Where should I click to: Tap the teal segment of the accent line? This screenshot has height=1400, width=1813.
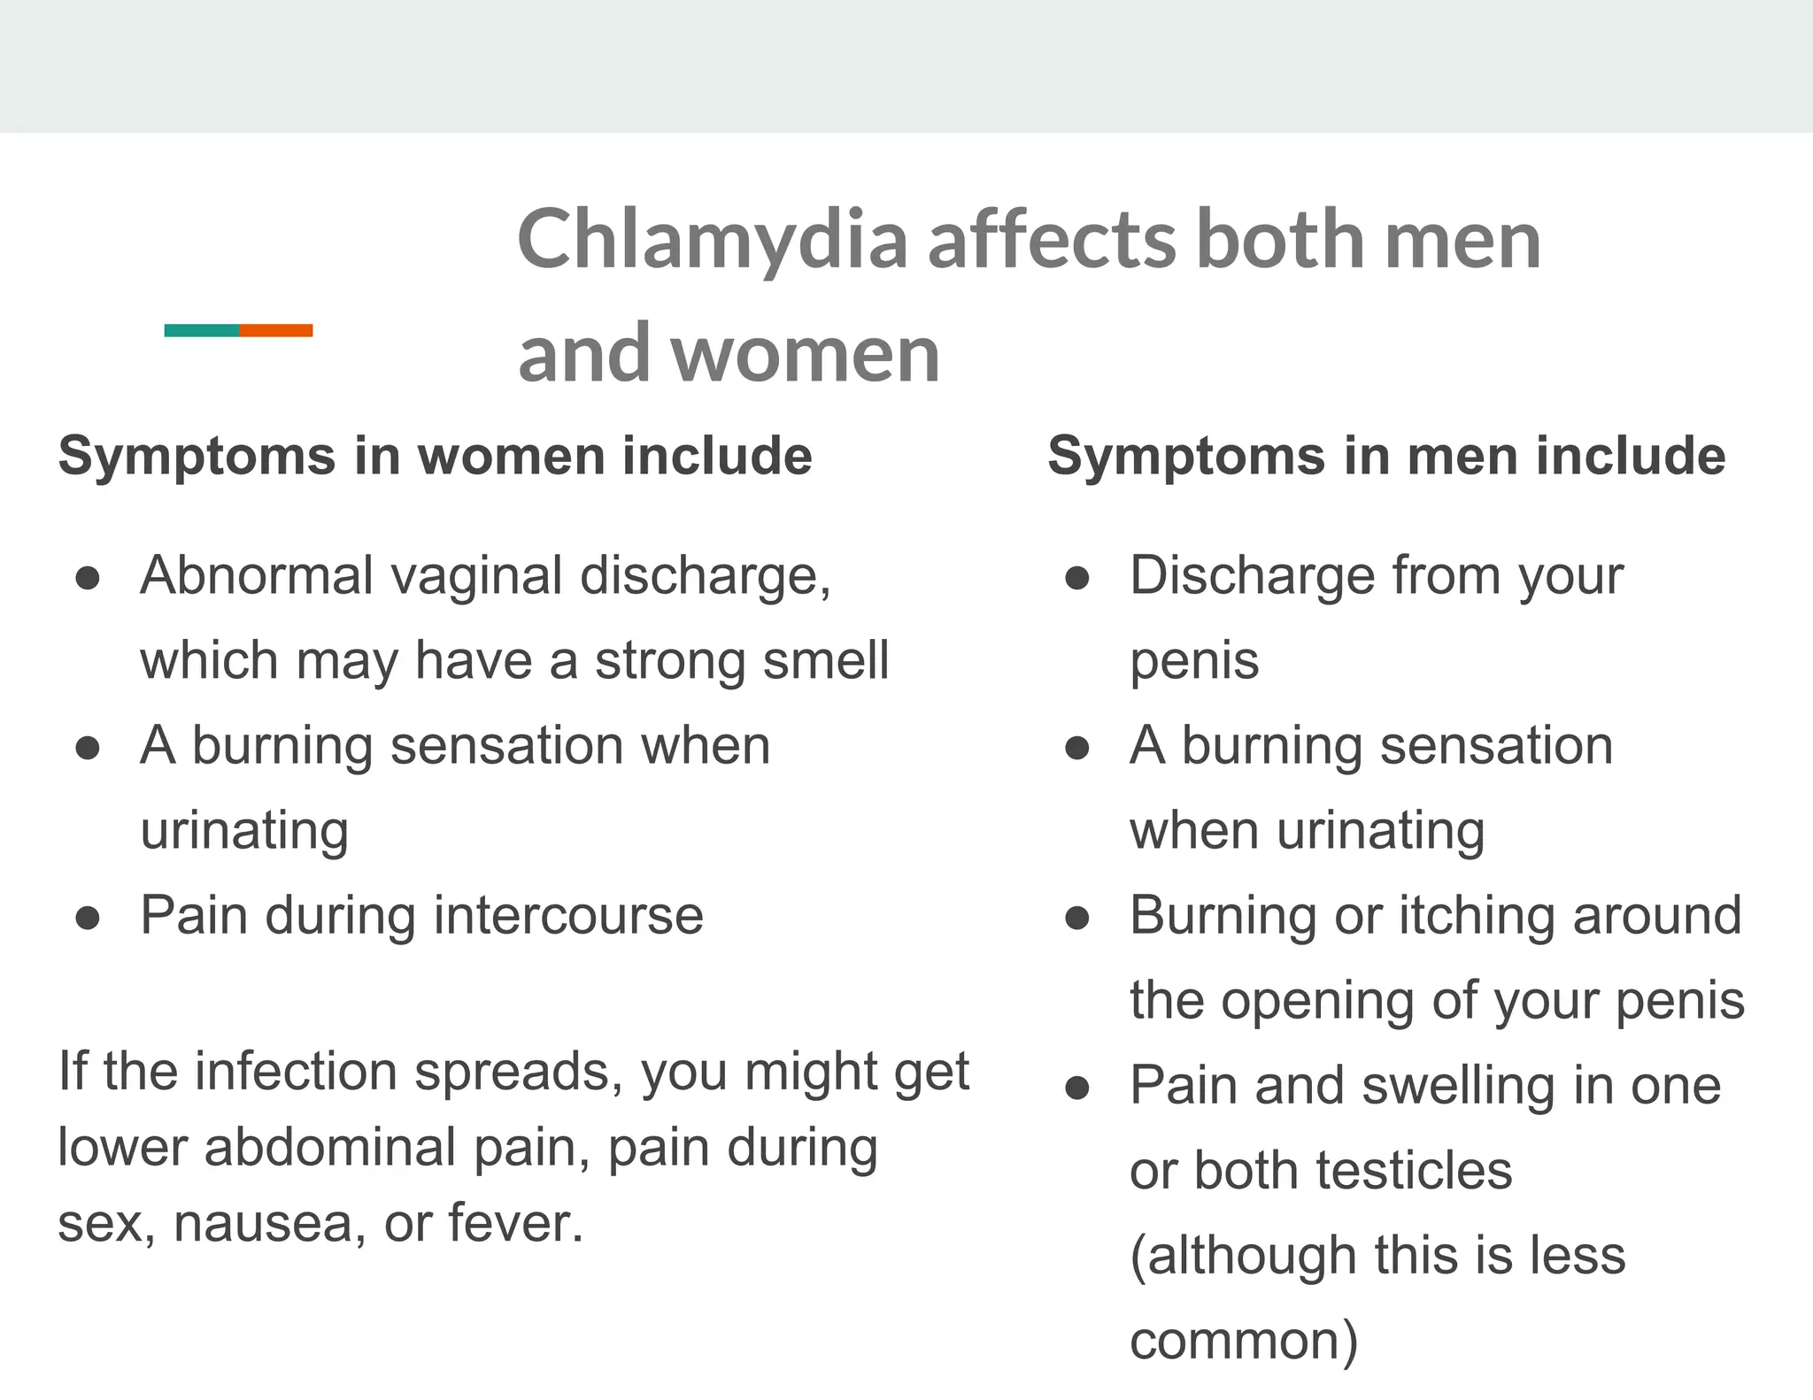point(202,330)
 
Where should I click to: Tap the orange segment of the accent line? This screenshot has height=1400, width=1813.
point(276,330)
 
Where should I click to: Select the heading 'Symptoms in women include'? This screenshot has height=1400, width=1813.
point(435,457)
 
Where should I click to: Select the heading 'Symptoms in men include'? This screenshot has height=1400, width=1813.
point(1386,457)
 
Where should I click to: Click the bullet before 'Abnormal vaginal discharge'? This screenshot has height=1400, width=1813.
point(88,579)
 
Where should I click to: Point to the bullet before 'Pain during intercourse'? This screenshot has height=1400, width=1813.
point(88,919)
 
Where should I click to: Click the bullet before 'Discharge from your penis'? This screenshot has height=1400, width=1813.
point(1077,579)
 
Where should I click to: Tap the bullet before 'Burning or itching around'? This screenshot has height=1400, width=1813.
point(1077,919)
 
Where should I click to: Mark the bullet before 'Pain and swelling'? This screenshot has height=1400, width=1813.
point(1077,1088)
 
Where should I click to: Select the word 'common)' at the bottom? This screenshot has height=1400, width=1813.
point(1244,1342)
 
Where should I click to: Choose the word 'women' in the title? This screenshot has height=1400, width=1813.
point(805,354)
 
